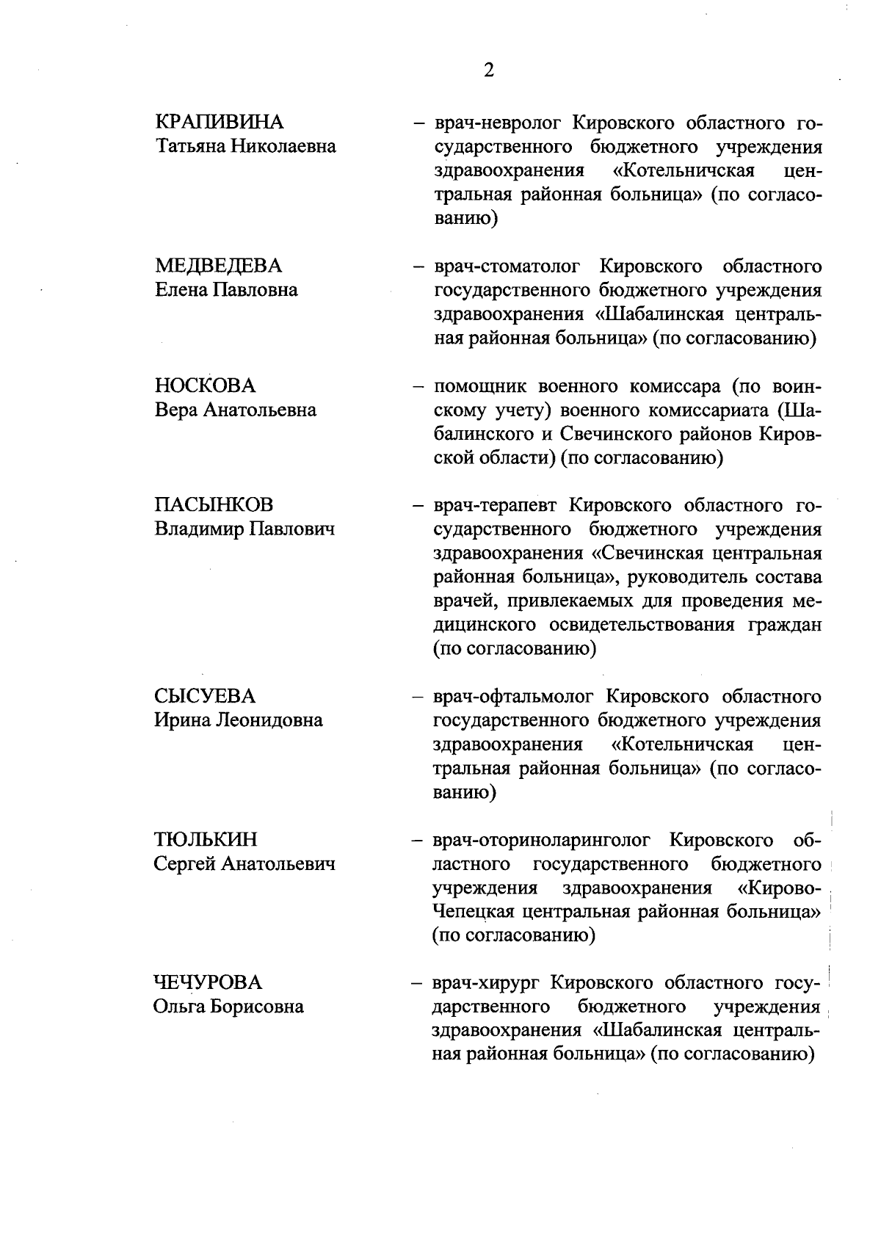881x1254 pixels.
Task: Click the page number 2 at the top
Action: tap(488, 70)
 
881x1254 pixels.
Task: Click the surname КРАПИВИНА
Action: tap(220, 122)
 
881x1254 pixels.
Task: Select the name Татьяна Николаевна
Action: tap(246, 146)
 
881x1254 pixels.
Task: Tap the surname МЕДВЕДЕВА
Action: tap(219, 266)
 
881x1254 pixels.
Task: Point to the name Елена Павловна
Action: tap(227, 290)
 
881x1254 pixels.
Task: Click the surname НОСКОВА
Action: tap(206, 385)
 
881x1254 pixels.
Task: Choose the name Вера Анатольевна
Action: tap(236, 410)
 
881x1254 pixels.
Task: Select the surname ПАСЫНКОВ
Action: tap(214, 505)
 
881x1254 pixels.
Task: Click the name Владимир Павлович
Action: tap(244, 529)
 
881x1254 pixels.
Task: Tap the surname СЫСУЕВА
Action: tap(205, 696)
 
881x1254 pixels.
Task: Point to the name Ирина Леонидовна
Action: tap(239, 720)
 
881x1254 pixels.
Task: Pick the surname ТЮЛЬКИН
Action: tap(206, 840)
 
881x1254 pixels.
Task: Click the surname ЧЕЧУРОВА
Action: tap(208, 982)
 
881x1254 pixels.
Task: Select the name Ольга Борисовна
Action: tap(228, 1007)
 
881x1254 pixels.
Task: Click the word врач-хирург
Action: tap(487, 982)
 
